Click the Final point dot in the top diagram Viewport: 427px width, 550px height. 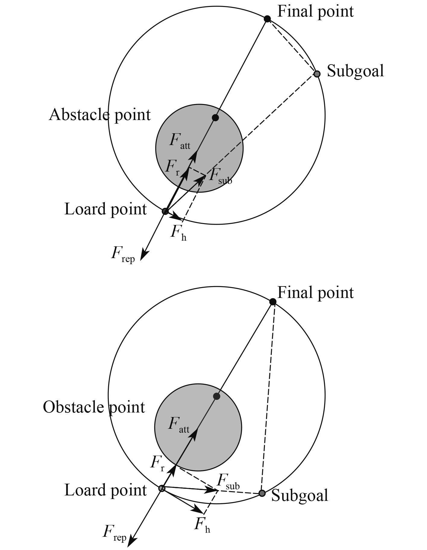pyautogui.click(x=267, y=19)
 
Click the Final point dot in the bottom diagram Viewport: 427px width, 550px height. pyautogui.click(x=273, y=302)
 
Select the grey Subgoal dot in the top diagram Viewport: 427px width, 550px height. pyautogui.click(x=317, y=74)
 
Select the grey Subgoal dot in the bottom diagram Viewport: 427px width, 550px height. pyautogui.click(x=262, y=493)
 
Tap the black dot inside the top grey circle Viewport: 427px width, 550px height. pyautogui.click(x=215, y=118)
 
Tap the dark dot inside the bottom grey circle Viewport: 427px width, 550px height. pyautogui.click(x=216, y=396)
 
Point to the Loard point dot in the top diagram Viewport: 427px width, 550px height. pyautogui.click(x=165, y=211)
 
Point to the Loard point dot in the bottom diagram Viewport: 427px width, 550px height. pyautogui.click(x=162, y=488)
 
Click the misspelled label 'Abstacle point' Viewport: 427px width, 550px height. pyautogui.click(x=99, y=115)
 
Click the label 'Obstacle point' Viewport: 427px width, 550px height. pyautogui.click(x=94, y=407)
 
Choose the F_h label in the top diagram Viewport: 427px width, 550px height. pyautogui.click(x=178, y=233)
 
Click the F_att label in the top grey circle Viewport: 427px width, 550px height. pyautogui.click(x=180, y=141)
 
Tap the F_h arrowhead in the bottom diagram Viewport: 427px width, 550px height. pyautogui.click(x=199, y=510)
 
